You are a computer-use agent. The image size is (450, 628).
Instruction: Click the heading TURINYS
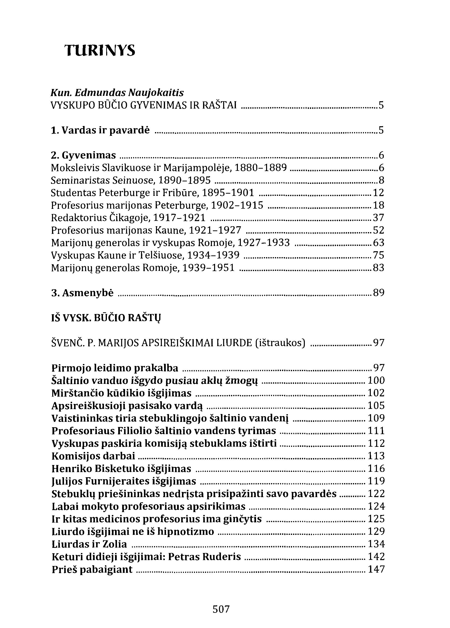pos(100,50)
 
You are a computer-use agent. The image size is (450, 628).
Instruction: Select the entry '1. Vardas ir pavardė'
pos(100,130)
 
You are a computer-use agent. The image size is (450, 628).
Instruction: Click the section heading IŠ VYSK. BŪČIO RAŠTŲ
pos(106,318)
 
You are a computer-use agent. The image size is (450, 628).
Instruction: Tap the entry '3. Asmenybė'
pos(82,293)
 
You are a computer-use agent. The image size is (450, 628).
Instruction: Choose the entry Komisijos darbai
pos(93,456)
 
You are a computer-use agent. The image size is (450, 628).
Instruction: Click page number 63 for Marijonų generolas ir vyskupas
pos(378,243)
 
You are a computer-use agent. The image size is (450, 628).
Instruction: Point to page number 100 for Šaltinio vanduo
pos(376,380)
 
